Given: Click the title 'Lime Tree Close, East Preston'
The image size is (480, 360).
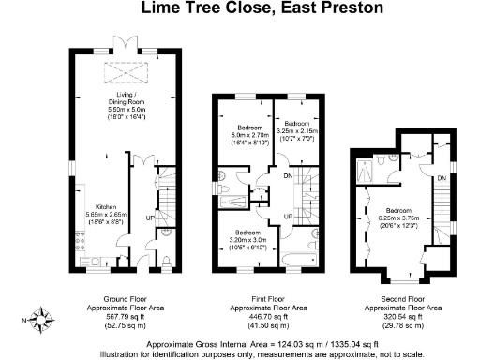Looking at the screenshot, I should [x=249, y=8].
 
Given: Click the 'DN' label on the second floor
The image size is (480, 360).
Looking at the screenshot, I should [x=440, y=177].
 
